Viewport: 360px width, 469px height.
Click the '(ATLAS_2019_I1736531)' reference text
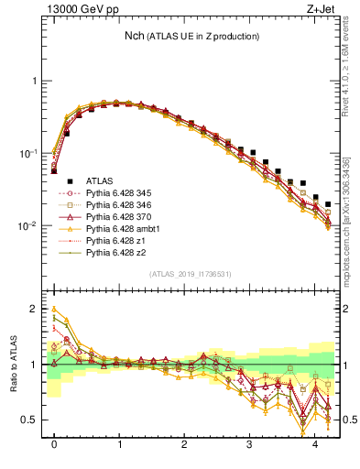click(190, 275)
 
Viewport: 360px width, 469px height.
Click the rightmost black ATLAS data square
click(328, 204)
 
